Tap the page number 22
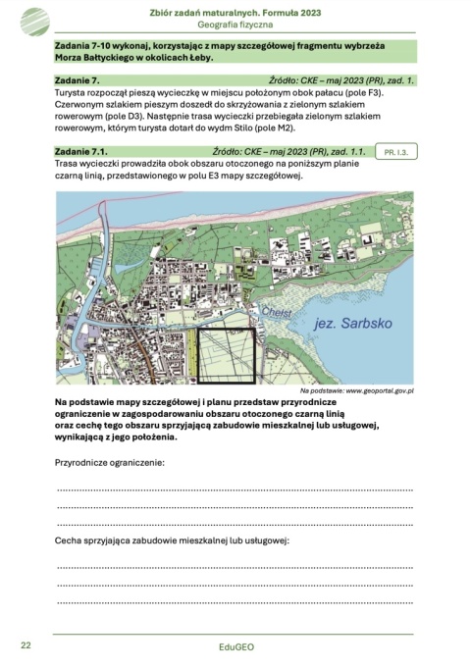[26, 644]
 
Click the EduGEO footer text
[235, 648]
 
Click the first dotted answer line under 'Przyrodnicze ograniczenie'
[235, 488]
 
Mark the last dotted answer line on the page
[235, 601]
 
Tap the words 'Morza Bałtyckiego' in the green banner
[97, 60]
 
